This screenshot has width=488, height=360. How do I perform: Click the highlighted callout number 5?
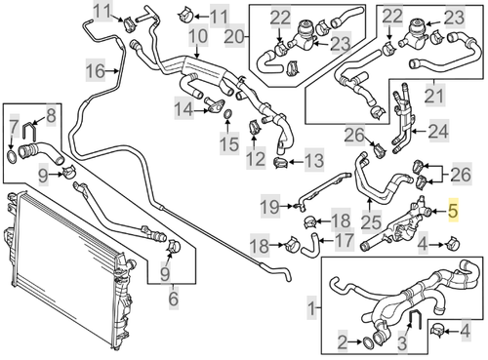pos(452,210)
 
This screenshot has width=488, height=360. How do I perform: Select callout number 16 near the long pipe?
pos(95,72)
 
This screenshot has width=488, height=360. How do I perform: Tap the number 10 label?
pos(198,40)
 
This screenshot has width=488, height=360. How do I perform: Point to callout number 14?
pos(183,111)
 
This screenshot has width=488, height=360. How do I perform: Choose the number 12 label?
pos(256,157)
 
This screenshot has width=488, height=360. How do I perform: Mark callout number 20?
pos(235,36)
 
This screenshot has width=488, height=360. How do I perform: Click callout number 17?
pos(344,240)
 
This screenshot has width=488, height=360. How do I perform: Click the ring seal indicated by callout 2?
pos(370,340)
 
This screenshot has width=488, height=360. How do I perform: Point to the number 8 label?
pos(53,115)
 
